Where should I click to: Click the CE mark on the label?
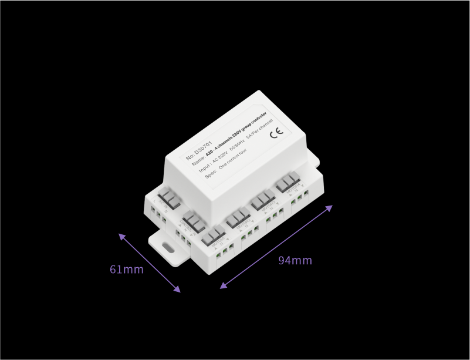click(276, 132)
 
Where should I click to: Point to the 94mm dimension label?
click(295, 260)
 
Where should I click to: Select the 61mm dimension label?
click(127, 270)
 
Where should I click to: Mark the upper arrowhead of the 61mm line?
click(121, 236)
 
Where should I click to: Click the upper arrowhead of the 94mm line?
click(330, 207)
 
